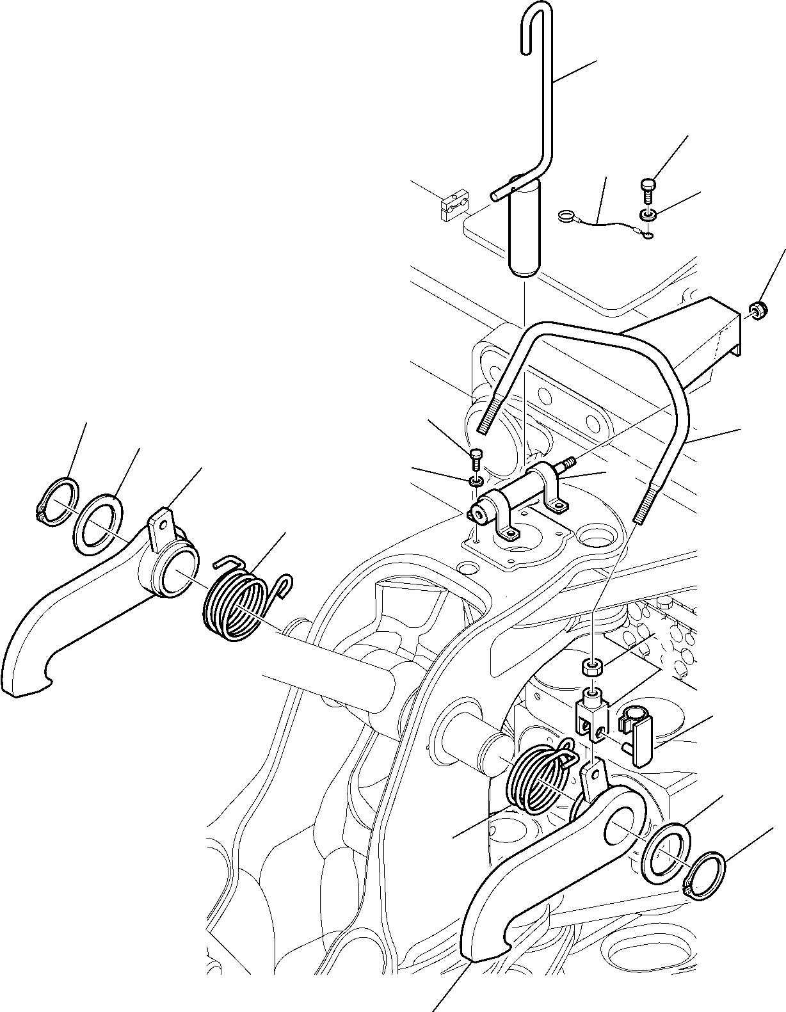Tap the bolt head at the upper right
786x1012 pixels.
[647, 188]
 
